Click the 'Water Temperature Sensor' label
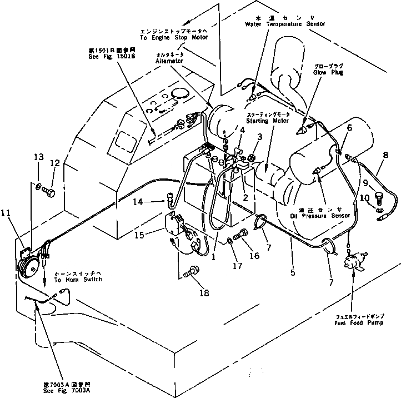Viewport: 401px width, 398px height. coord(284,24)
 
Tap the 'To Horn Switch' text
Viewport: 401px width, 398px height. coord(78,280)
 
